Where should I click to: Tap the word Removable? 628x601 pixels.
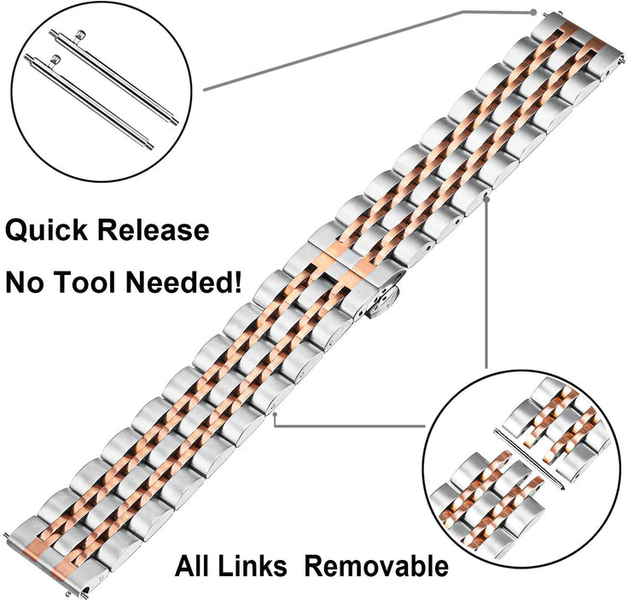(375, 566)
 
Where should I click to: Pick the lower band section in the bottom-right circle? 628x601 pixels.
(486, 504)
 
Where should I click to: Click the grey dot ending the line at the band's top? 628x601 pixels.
(533, 12)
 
